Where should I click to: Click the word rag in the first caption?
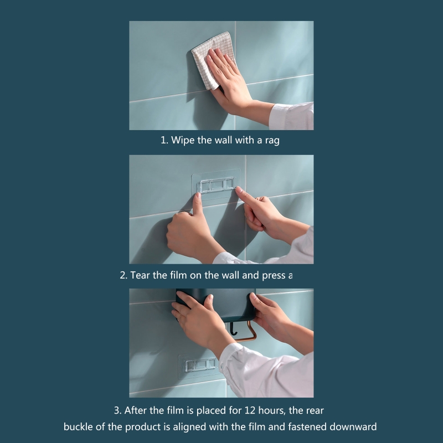tap(272, 141)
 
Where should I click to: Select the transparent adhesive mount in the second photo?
tap(217, 184)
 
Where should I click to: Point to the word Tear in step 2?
tap(140, 275)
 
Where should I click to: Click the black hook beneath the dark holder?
tap(233, 329)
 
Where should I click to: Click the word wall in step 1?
tap(225, 140)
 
